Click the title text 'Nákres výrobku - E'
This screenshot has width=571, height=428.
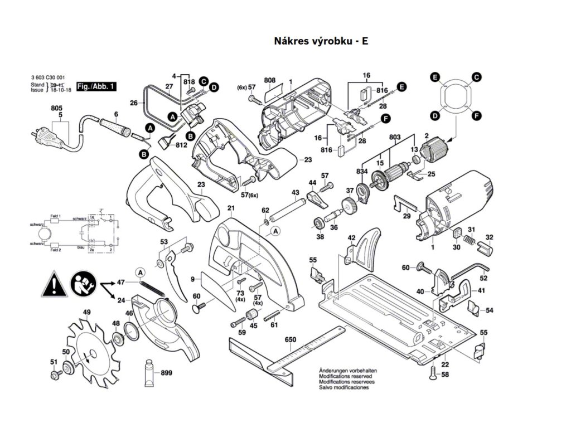321,41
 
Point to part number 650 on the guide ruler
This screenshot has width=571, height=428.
290,339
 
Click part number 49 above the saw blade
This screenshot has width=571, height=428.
86,312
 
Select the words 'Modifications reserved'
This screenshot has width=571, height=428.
342,376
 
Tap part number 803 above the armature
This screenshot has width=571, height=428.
395,137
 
